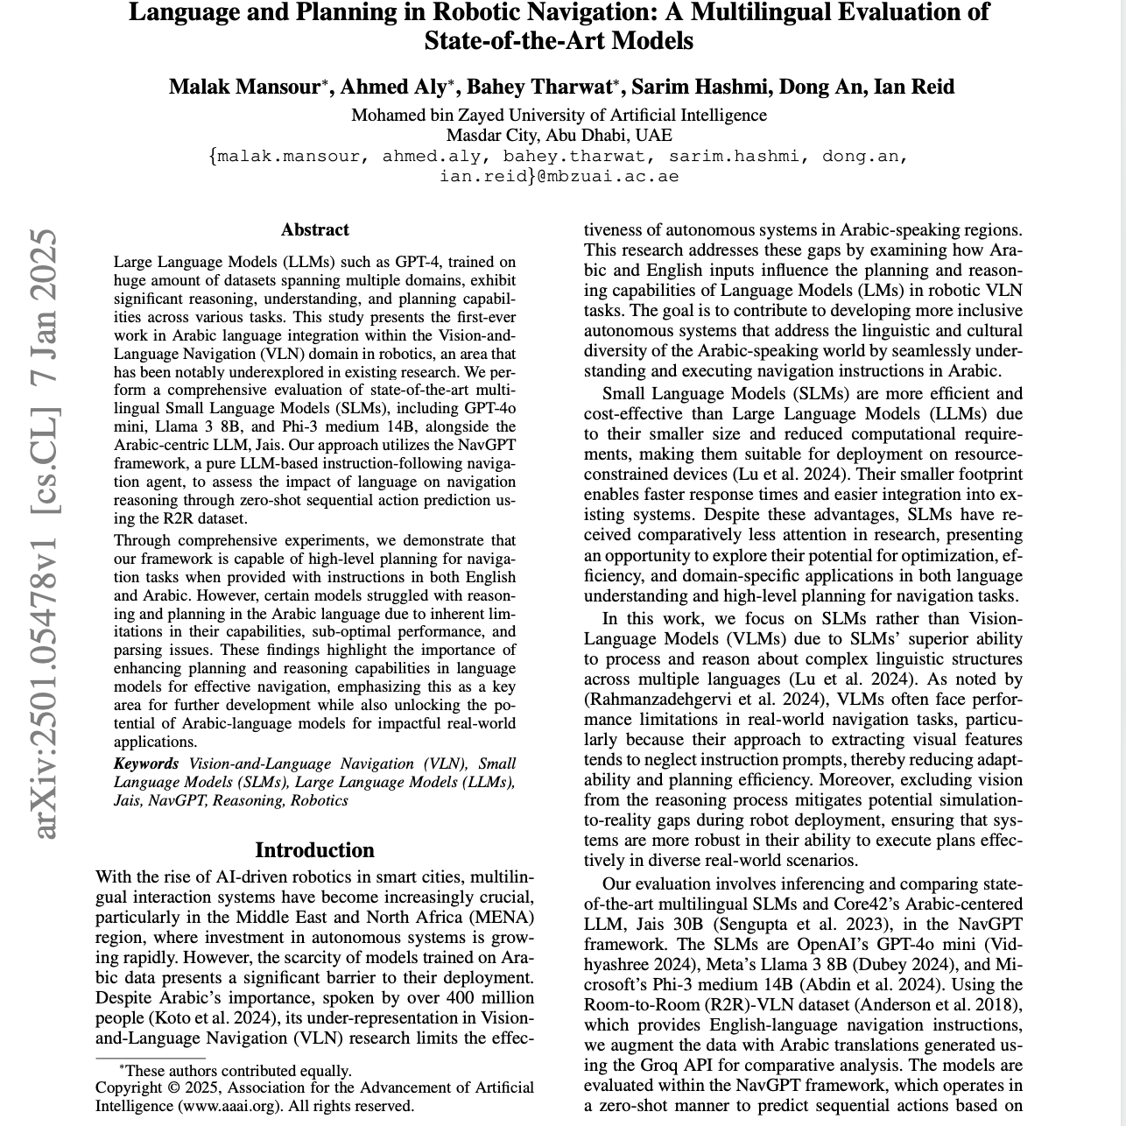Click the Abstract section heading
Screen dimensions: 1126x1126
pos(314,230)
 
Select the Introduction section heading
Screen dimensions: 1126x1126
pos(314,850)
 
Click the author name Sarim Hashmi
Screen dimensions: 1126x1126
pos(700,87)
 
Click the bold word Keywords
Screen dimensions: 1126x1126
pos(146,764)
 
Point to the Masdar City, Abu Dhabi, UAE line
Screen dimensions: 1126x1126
pos(559,136)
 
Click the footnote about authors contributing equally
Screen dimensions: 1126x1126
pos(235,1070)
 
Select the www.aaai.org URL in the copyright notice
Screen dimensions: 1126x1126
pos(230,1106)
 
